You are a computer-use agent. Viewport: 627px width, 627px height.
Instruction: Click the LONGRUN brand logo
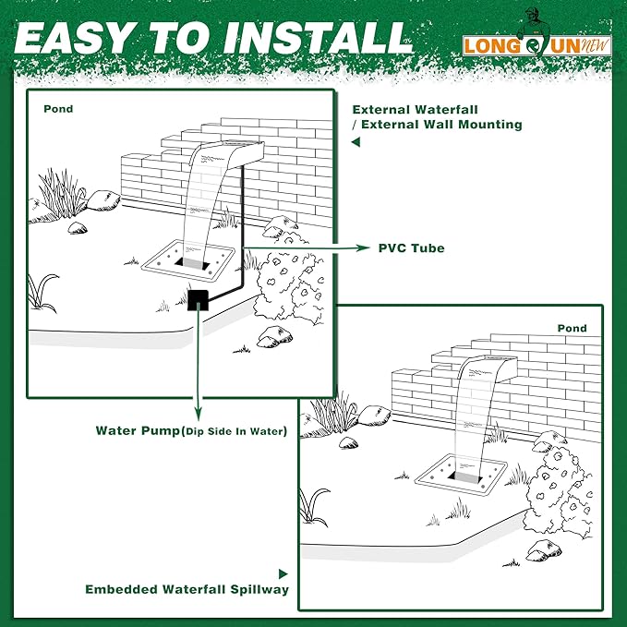click(538, 44)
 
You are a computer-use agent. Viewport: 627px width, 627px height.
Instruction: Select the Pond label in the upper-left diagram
click(58, 109)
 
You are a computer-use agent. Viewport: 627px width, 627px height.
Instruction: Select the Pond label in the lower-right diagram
click(572, 328)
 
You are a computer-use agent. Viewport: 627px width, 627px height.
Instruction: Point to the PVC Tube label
click(411, 248)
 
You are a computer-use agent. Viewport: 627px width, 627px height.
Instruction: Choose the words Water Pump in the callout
click(136, 431)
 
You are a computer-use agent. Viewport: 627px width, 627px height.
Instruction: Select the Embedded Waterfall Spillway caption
click(187, 589)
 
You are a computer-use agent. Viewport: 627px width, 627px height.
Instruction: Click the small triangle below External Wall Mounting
click(356, 143)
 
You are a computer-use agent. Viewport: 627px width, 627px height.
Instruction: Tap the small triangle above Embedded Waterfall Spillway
click(283, 573)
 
